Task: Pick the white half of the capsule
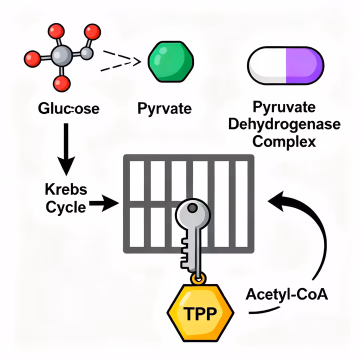267,64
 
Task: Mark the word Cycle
65,206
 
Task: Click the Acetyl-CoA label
287,294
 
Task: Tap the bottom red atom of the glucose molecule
61,83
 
